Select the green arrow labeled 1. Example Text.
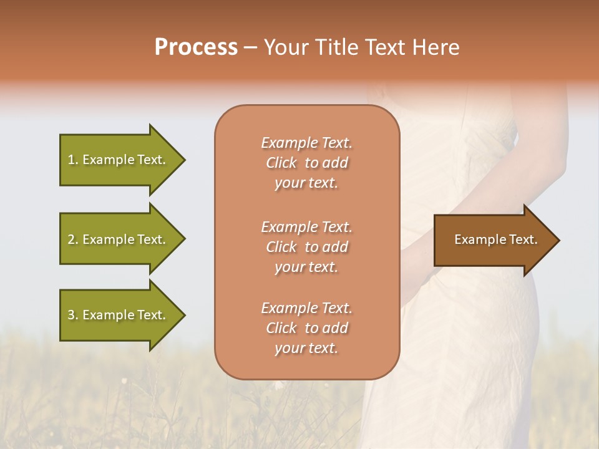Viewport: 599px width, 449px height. [x=119, y=160]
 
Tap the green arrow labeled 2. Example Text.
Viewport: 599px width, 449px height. [x=119, y=239]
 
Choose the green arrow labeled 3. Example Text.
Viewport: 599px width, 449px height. [x=119, y=315]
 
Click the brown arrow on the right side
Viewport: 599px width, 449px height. [x=493, y=240]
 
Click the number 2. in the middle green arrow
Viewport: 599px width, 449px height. [x=73, y=239]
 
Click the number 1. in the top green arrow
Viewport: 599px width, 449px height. [x=73, y=160]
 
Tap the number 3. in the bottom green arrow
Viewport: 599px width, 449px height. [x=73, y=315]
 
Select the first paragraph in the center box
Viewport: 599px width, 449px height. [x=306, y=163]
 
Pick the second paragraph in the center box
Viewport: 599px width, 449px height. [x=306, y=247]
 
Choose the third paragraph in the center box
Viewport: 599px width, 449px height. [x=306, y=328]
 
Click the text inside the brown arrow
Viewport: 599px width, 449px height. [x=495, y=239]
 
